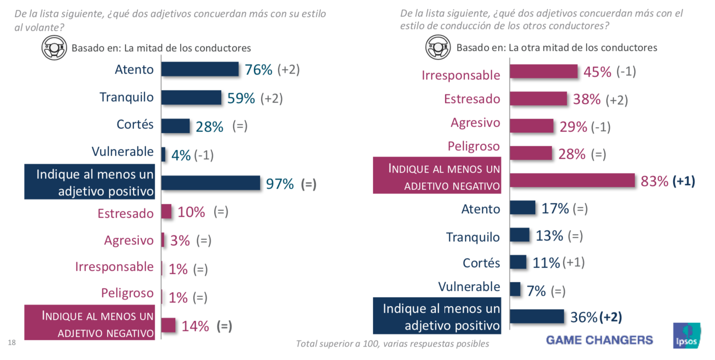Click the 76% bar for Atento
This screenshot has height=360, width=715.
200,69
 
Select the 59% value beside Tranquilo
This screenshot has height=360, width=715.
241,98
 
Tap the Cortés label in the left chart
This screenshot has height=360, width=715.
135,124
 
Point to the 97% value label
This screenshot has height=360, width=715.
280,184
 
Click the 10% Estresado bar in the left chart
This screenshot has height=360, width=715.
166,211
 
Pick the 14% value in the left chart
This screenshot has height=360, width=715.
195,326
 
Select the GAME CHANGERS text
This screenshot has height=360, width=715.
599,340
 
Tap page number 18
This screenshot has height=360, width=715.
12,343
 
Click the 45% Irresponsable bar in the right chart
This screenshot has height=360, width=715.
543,71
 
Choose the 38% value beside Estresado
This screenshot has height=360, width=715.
587,99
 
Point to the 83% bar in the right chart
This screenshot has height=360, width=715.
572,181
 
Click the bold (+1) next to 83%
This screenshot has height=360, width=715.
683,181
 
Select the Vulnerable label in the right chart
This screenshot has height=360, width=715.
469,287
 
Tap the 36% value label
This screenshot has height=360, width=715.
583,317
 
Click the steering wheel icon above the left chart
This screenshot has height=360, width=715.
54,48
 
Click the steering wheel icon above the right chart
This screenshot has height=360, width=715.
438,47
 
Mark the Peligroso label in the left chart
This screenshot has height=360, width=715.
127,293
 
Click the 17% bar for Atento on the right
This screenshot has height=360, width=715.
522,208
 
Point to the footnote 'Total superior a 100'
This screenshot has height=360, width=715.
392,344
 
